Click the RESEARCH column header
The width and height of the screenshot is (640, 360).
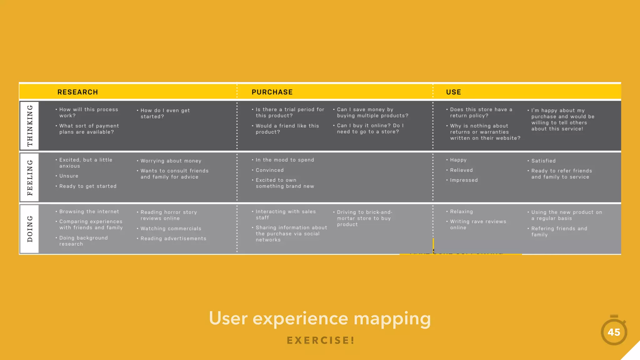pos(77,92)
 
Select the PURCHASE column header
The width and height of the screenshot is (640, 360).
pos(272,92)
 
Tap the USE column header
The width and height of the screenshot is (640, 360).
pos(453,92)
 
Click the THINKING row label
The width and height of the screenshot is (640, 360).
pos(30,126)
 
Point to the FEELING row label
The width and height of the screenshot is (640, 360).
pos(30,177)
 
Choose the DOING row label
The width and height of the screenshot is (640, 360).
pos(30,229)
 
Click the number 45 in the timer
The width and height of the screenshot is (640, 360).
pos(614,332)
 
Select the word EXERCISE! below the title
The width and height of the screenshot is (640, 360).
pos(321,340)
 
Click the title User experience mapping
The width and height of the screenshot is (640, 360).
pos(320,318)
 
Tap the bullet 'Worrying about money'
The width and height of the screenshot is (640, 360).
pos(171,161)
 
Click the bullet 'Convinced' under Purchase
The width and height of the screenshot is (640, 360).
pos(269,170)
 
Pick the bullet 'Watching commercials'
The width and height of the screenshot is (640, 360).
pos(171,229)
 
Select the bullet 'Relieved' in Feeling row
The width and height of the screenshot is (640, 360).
pos(461,170)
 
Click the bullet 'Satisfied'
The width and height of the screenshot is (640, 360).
pos(543,161)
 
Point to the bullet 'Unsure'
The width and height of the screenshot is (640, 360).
pos(69,176)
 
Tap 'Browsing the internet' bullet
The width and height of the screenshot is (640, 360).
pos(89,212)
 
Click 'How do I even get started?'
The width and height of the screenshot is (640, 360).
pos(165,113)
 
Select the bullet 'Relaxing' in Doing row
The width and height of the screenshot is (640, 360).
pos(461,212)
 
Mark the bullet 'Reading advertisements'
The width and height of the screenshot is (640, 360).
pos(173,239)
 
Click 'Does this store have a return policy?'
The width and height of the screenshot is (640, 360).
pos(481,112)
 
